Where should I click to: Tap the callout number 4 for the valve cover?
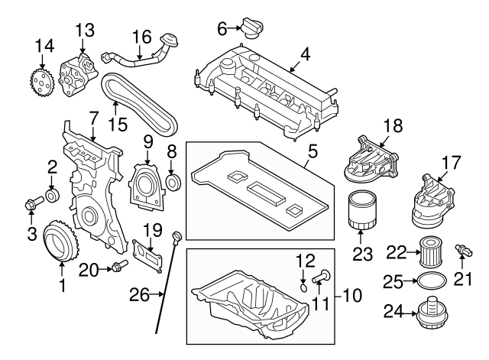305,55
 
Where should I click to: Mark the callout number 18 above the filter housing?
391,125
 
